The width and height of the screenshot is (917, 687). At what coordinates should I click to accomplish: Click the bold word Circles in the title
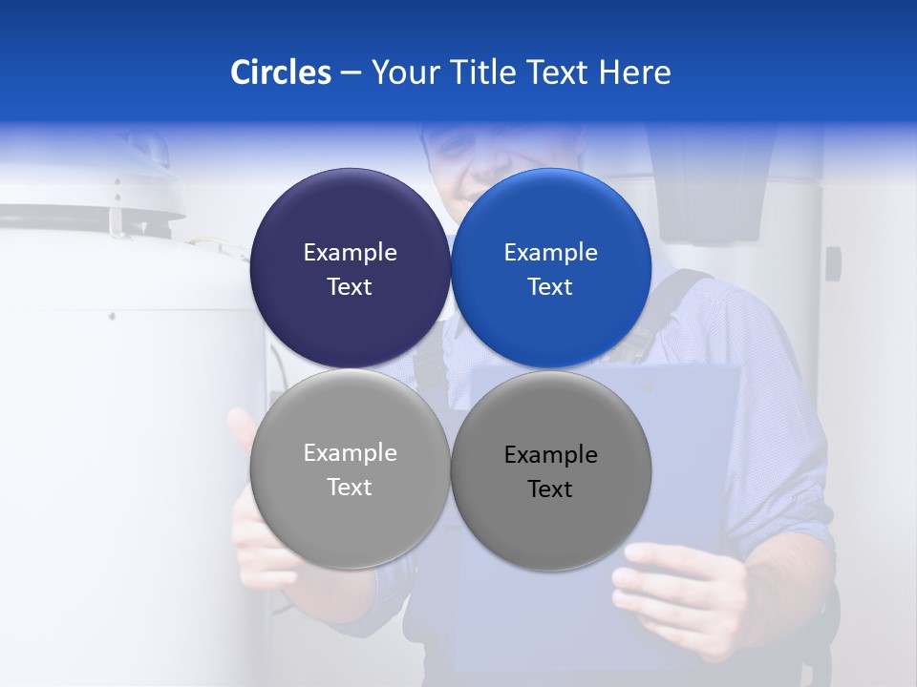point(280,73)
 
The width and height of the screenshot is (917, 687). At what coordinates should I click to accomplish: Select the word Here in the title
point(634,73)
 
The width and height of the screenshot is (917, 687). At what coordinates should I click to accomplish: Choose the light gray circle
point(350,525)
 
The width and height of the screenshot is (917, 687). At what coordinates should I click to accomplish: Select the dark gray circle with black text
point(550,525)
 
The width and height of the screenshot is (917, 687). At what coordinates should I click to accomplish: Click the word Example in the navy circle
point(350,253)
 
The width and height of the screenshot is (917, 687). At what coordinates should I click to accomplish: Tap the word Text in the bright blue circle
point(550,287)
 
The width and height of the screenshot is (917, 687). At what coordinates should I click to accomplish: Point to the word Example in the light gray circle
point(350,453)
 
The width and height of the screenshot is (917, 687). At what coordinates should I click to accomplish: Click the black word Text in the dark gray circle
point(550,489)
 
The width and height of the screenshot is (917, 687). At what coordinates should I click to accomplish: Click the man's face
point(468,157)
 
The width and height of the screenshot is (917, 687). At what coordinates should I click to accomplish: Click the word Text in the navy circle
point(350,287)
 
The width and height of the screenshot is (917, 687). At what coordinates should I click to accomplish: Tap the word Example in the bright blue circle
point(550,253)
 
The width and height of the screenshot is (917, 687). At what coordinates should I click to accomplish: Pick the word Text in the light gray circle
point(350,488)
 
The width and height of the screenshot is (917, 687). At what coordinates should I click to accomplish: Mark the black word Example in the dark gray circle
point(550,455)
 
